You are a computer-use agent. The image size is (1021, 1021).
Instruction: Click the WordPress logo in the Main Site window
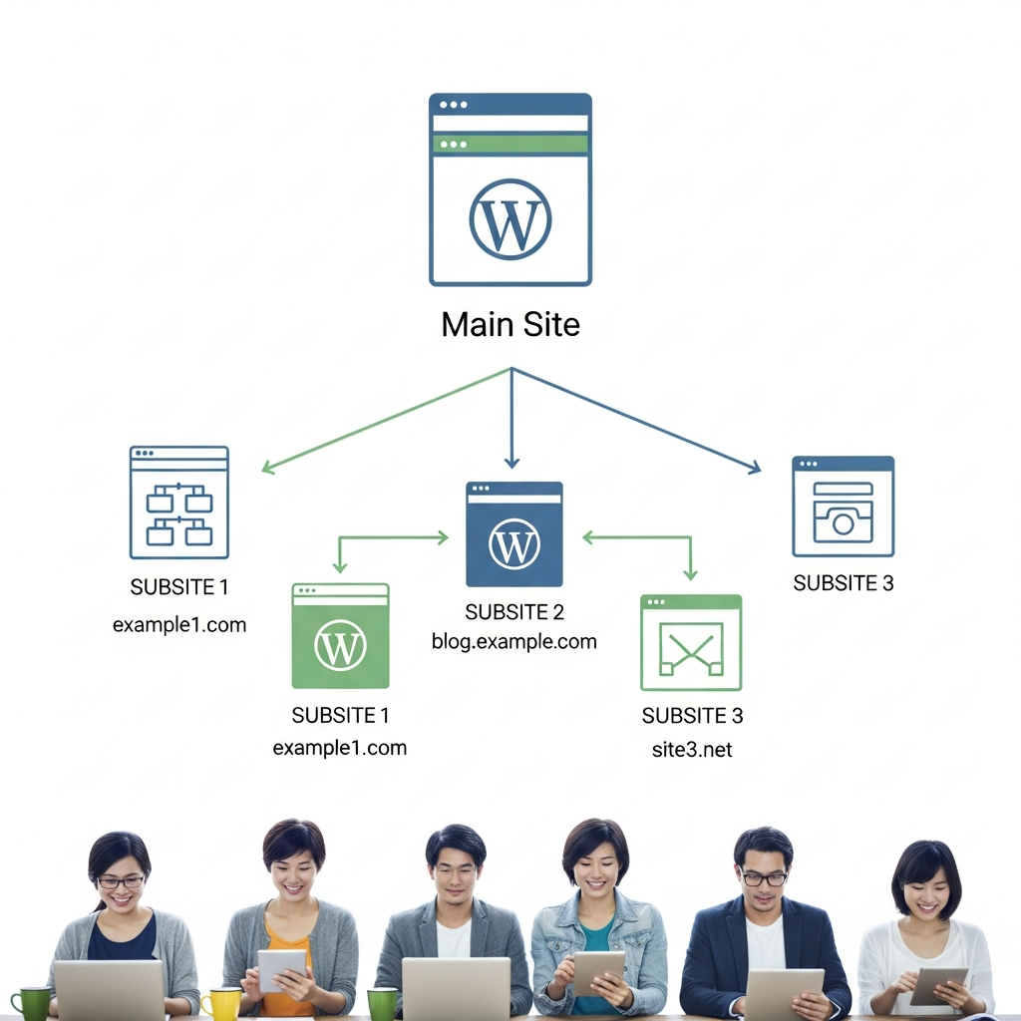pos(510,219)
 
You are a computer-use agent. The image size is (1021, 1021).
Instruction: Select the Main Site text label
pos(510,325)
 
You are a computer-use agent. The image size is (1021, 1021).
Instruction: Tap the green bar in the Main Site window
pos(510,145)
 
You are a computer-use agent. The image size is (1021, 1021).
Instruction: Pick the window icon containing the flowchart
pos(179,503)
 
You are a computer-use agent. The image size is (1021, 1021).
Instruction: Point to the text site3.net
pos(691,750)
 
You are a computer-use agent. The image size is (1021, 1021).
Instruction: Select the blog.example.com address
pos(514,641)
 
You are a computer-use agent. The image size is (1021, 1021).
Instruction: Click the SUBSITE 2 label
pos(514,612)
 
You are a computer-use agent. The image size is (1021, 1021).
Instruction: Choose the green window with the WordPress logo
pos(340,636)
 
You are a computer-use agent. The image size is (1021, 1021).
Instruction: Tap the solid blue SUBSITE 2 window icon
pos(514,534)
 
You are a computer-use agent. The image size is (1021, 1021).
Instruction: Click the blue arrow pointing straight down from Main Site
pos(511,419)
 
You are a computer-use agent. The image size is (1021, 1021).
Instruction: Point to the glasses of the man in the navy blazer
pos(765,878)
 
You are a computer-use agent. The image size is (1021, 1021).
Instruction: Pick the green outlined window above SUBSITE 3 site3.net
pos(691,643)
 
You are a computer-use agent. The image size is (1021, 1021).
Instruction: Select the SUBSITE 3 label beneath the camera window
pos(844,583)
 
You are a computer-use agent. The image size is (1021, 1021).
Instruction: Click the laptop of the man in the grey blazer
pos(456,989)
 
